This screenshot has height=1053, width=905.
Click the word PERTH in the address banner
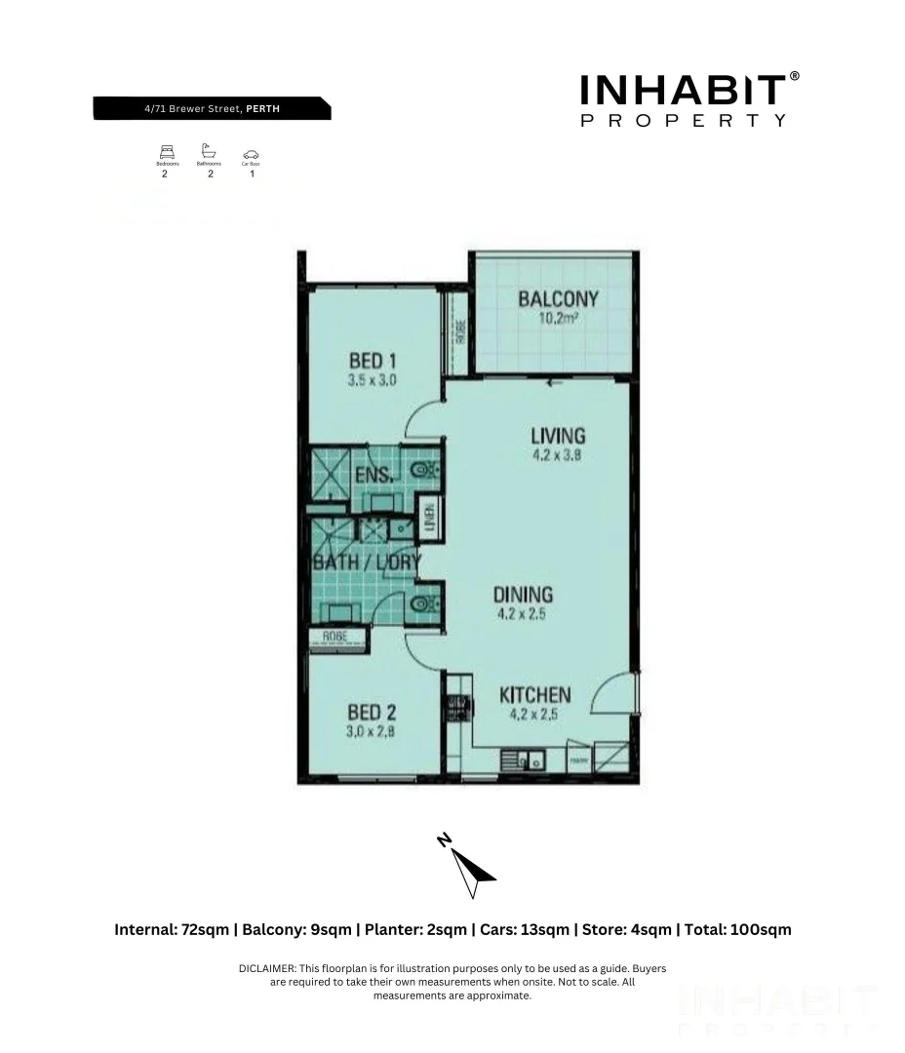tap(262, 109)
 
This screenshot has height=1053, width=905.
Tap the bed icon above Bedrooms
tap(166, 152)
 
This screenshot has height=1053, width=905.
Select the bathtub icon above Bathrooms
tap(208, 151)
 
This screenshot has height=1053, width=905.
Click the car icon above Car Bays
tap(251, 153)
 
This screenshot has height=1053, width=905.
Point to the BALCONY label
tap(558, 298)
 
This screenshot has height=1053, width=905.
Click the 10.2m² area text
tap(558, 318)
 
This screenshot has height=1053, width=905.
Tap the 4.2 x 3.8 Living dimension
tap(557, 454)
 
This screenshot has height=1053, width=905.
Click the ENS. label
tap(374, 476)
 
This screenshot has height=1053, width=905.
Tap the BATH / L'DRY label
tap(366, 563)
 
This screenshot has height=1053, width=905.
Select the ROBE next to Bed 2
tap(335, 640)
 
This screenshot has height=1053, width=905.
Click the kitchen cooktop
tap(455, 707)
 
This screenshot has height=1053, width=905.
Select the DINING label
tap(522, 594)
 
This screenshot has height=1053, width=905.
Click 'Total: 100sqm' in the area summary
tap(738, 929)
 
